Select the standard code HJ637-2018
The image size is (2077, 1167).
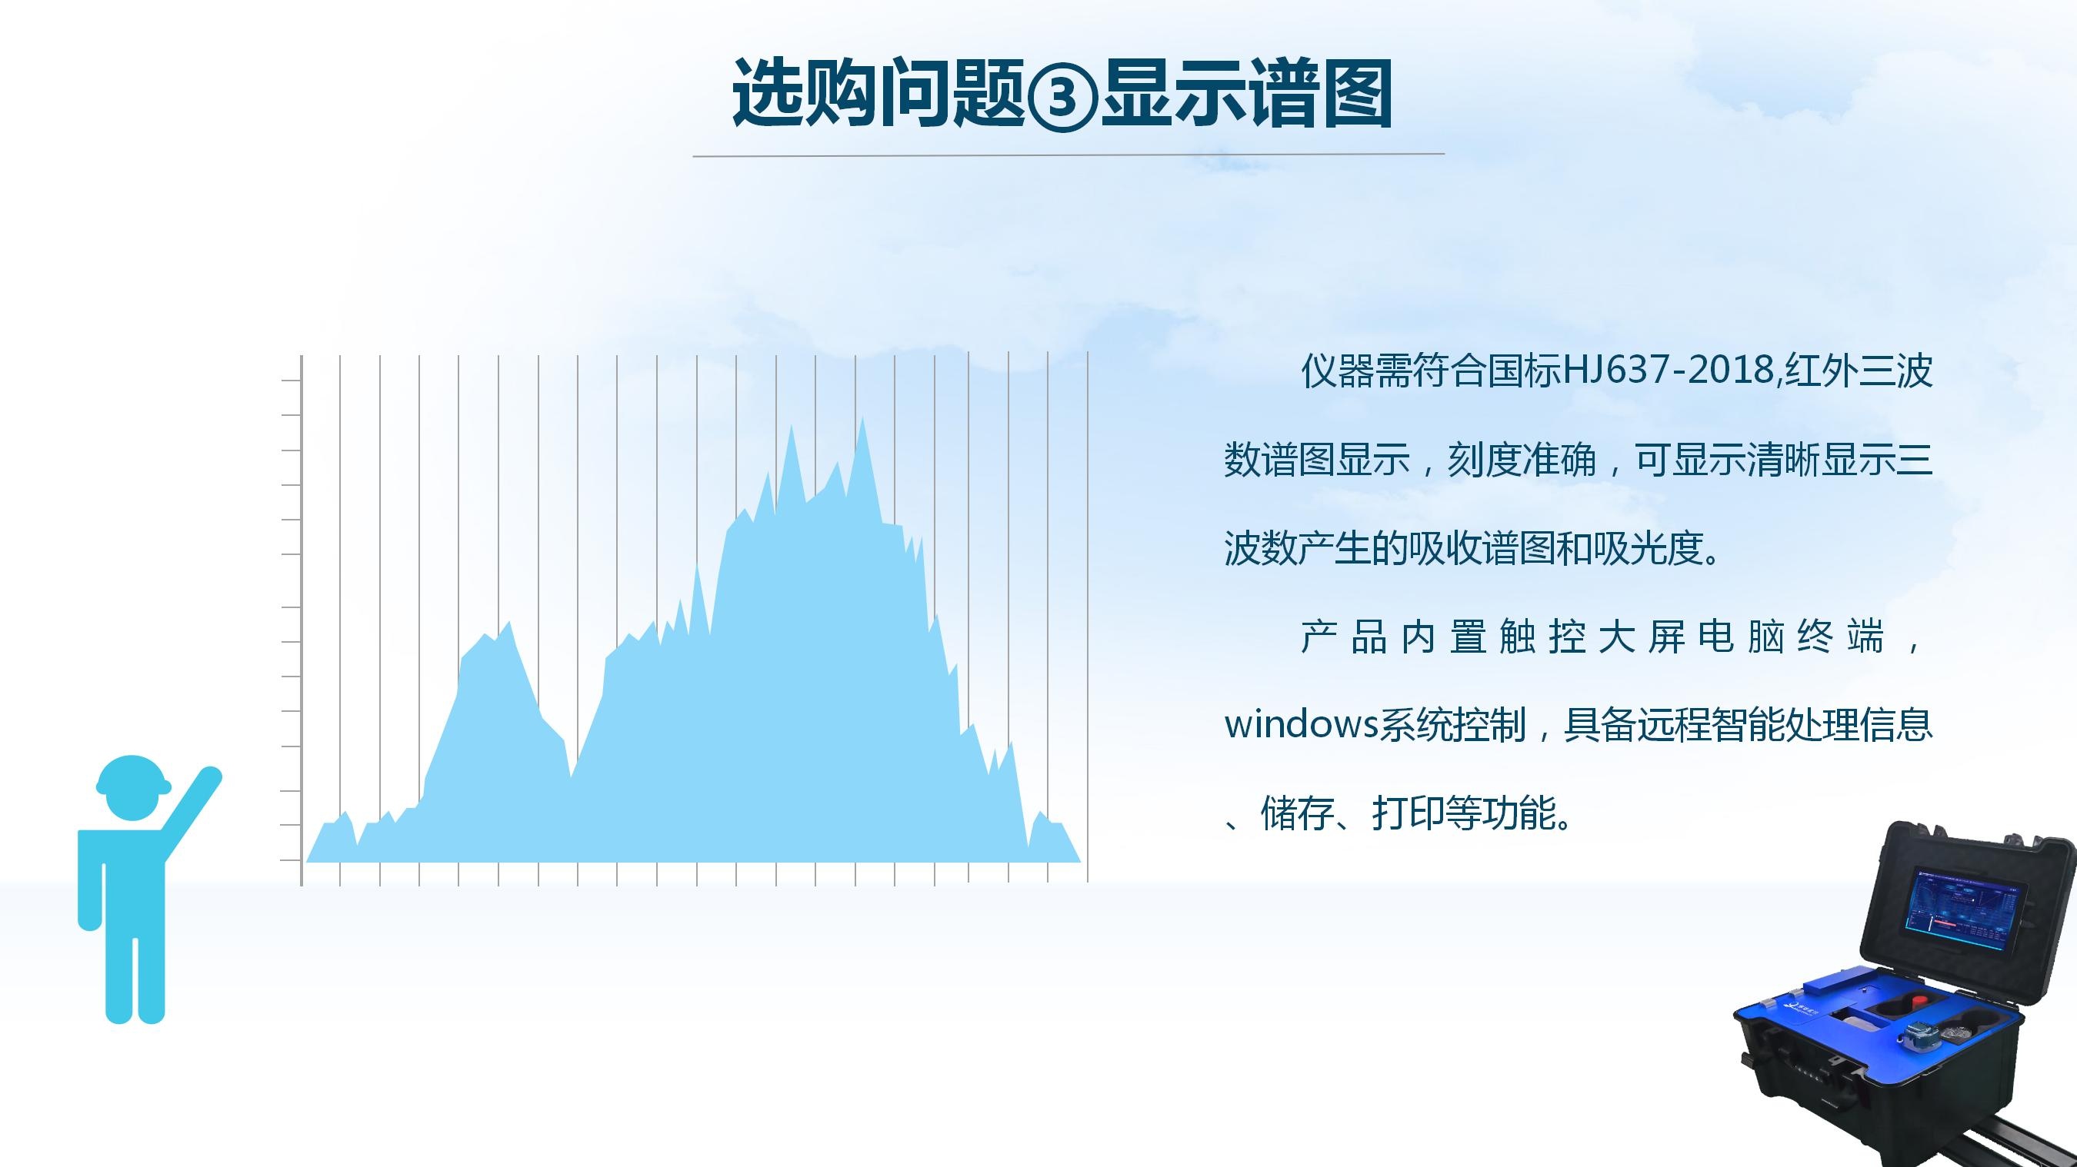tap(1670, 371)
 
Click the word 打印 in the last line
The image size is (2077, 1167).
tap(1409, 813)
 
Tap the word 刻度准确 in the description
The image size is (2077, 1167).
tap(1522, 460)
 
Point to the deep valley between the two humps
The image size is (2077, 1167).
tap(571, 776)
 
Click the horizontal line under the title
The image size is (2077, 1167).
tap(1069, 155)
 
